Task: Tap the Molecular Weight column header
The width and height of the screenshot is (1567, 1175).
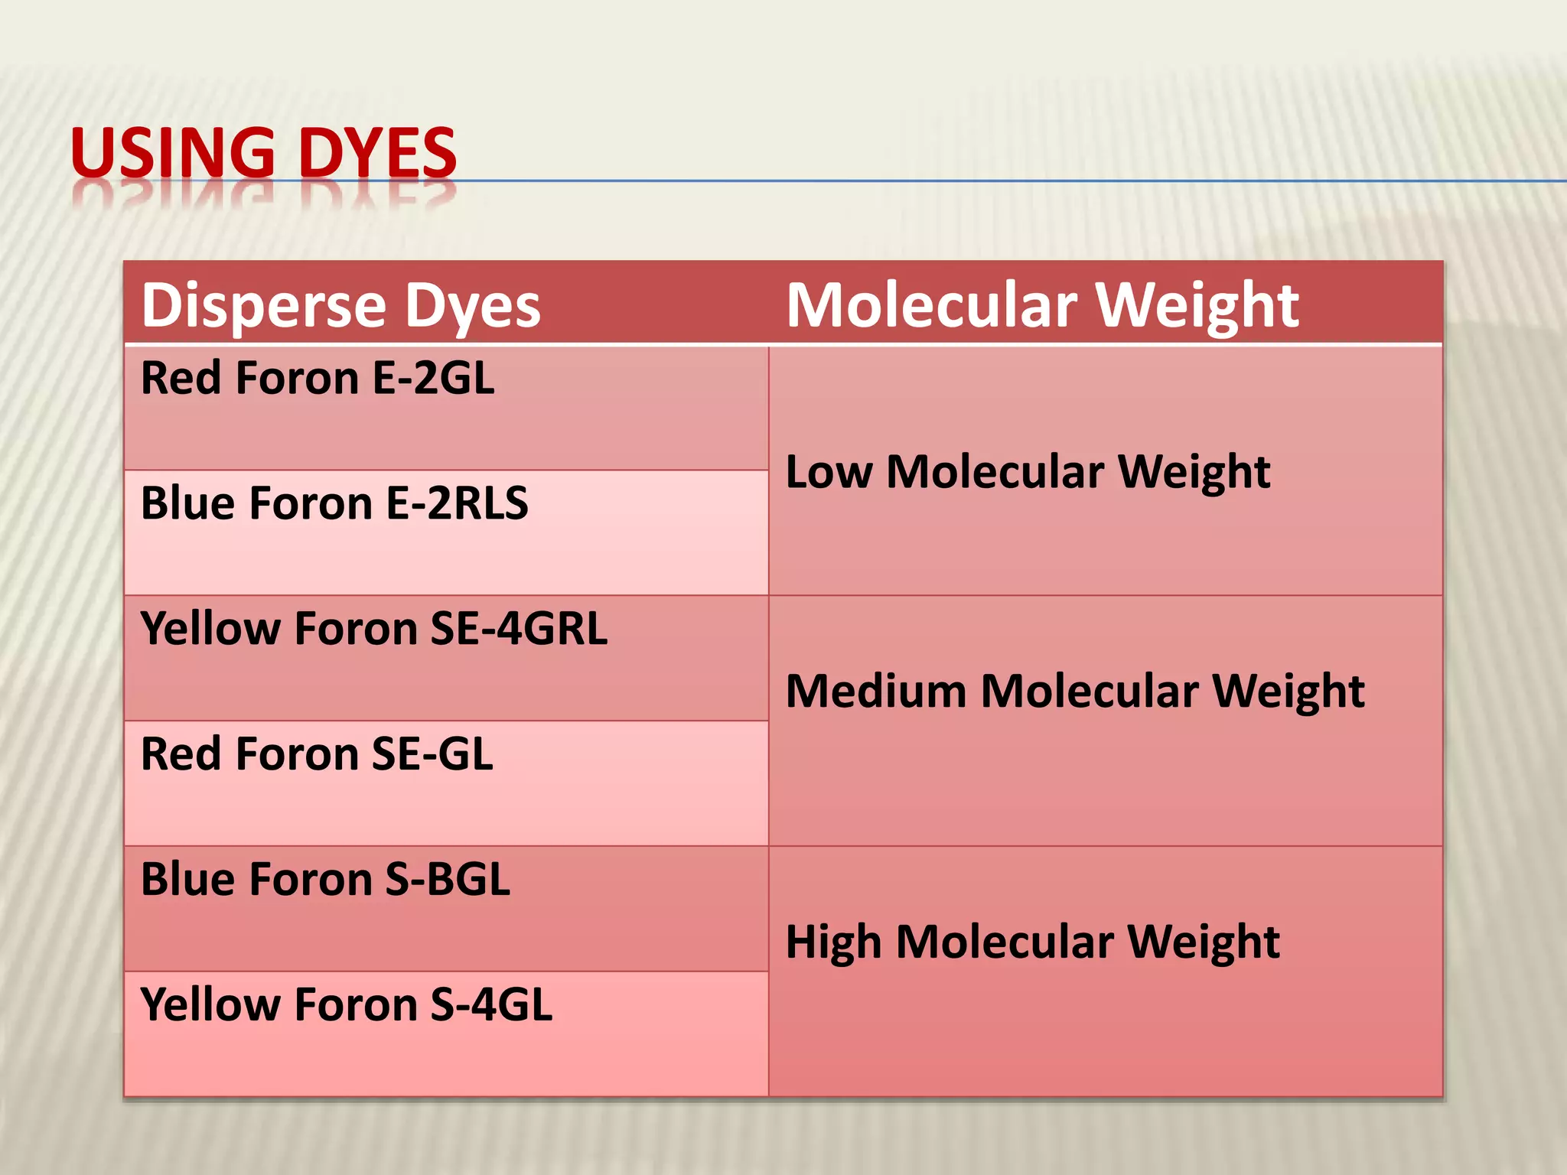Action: [1042, 304]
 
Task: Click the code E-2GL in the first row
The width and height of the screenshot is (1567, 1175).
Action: [433, 379]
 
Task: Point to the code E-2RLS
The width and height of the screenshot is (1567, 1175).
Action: [457, 503]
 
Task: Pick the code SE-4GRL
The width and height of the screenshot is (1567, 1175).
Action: [519, 629]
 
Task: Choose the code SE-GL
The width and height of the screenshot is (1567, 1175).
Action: [432, 754]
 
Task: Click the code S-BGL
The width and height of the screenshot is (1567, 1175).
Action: [447, 880]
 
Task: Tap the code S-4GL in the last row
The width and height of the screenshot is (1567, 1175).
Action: [490, 1005]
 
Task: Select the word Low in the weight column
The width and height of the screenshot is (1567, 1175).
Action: [829, 472]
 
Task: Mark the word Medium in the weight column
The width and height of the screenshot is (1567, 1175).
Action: [876, 692]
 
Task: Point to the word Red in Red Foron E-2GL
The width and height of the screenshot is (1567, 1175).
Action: [181, 379]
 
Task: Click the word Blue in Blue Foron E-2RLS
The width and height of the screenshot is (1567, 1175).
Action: [187, 503]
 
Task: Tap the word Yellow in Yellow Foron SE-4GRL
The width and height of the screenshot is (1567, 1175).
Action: [210, 629]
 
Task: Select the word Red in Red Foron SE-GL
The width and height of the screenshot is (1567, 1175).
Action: [181, 754]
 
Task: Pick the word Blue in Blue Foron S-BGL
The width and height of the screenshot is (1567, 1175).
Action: [187, 880]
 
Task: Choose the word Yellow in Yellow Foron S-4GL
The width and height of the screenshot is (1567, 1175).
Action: [210, 1005]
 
